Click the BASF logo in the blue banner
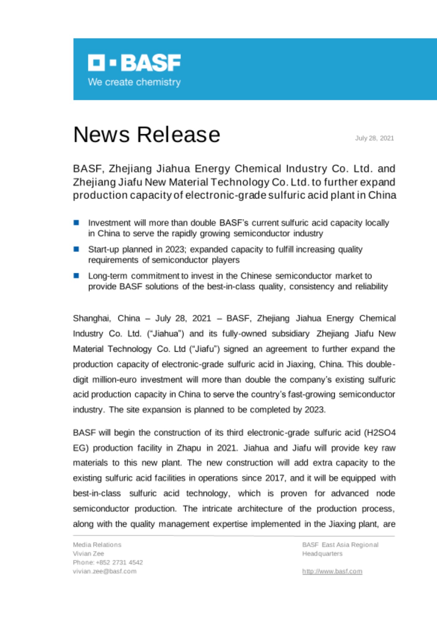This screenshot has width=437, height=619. click(134, 63)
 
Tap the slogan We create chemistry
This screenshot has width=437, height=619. click(134, 82)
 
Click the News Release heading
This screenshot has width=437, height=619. click(146, 135)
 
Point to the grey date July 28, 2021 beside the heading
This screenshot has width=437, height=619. click(374, 138)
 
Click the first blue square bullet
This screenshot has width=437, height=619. click(76, 223)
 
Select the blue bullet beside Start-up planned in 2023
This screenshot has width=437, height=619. click(76, 249)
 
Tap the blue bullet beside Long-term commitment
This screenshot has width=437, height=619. click(76, 275)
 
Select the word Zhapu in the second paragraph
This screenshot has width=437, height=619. click(189, 448)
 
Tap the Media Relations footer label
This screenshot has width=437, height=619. click(97, 545)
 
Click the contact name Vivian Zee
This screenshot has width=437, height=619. click(88, 553)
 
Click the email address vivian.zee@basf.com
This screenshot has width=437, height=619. click(104, 571)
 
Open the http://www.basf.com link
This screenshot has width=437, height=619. click(332, 571)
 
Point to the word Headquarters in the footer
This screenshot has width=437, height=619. click(322, 553)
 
